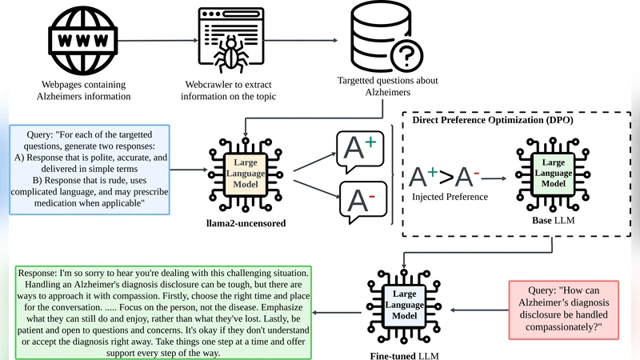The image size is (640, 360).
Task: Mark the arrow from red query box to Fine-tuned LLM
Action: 477,309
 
